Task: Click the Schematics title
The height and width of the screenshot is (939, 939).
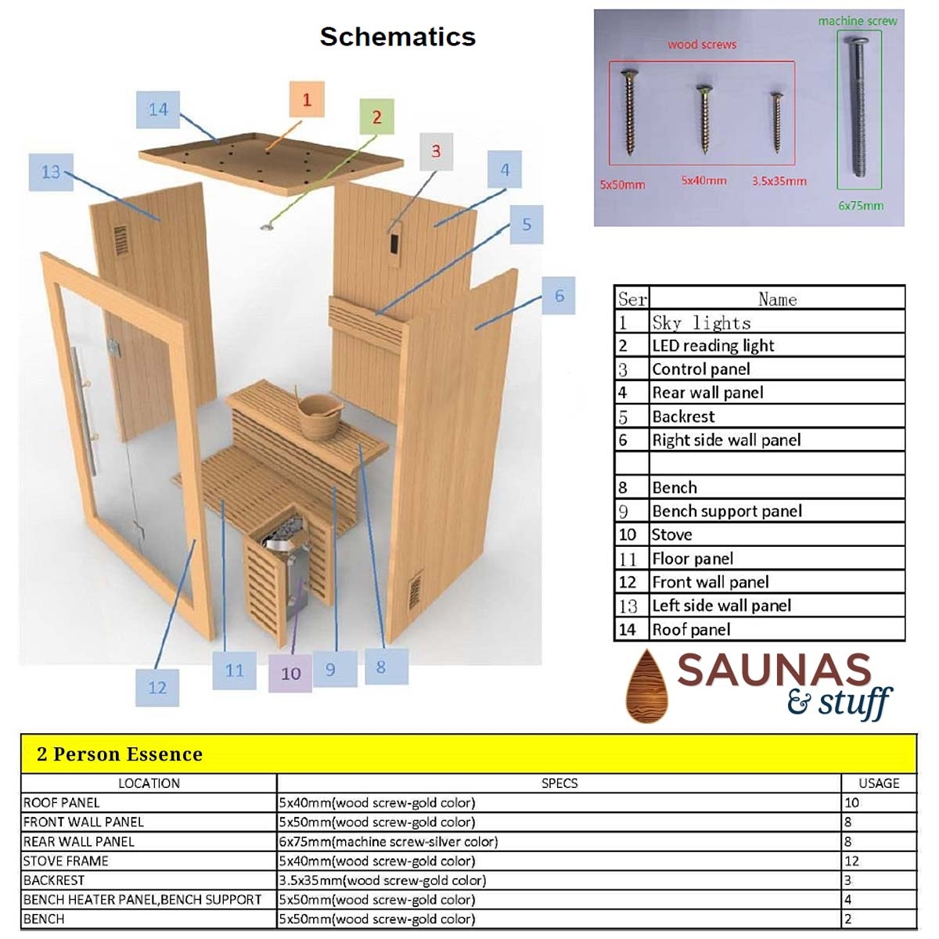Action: coord(398,37)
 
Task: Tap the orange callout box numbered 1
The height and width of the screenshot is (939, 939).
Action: coord(307,99)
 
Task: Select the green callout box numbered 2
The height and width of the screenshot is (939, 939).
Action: coord(376,117)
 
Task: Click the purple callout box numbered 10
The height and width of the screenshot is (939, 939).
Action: coord(290,673)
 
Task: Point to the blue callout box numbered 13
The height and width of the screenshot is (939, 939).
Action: coord(51,172)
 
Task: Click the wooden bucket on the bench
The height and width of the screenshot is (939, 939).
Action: coord(318,413)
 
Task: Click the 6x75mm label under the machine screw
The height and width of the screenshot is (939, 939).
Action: coord(861,206)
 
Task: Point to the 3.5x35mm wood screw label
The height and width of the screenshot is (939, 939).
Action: coord(779,182)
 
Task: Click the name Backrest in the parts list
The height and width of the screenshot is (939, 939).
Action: coord(683,416)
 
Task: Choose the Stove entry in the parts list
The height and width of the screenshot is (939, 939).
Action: coord(671,534)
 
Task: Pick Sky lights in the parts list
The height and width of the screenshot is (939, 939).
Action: coord(701,322)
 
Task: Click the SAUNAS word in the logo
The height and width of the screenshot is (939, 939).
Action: coord(774,671)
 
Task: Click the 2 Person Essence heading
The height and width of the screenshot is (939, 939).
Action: coord(120,754)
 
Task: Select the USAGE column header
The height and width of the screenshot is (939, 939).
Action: coord(879,783)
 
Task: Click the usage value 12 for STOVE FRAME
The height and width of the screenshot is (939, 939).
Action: coord(851,861)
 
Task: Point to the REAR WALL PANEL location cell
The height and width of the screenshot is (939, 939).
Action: coord(78,842)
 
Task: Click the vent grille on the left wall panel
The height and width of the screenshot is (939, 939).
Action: coord(121,241)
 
